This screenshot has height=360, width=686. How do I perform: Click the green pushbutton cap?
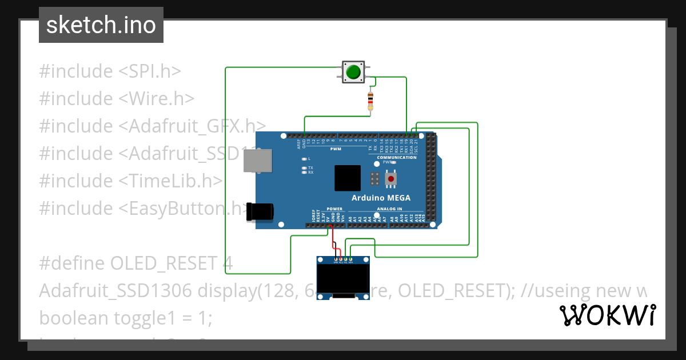[353, 72]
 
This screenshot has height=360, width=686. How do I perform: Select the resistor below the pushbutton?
[370, 101]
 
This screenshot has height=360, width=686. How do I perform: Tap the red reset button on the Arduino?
[391, 179]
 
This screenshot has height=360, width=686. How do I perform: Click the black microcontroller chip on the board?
[348, 178]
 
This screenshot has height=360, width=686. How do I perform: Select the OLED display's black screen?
[343, 280]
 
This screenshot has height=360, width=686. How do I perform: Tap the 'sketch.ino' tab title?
[101, 25]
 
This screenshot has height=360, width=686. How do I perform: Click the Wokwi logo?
[607, 315]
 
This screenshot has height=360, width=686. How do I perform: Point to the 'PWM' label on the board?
[336, 149]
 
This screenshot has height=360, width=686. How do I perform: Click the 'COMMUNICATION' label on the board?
[397, 157]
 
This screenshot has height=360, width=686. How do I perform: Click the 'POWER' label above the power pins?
[334, 209]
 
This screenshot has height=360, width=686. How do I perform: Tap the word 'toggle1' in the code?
[145, 318]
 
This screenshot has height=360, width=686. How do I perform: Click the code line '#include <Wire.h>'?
[117, 98]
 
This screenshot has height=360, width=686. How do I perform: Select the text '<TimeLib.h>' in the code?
[170, 181]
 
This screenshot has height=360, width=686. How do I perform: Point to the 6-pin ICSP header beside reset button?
[374, 179]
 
